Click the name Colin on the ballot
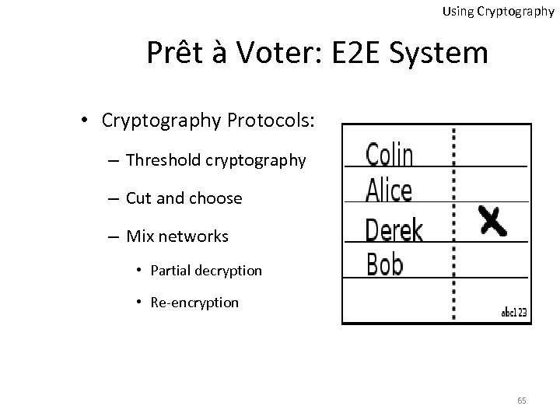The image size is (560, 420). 390,154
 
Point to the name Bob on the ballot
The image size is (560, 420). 385,264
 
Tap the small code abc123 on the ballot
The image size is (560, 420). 514,313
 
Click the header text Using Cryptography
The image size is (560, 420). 498,12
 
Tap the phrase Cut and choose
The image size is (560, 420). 184,198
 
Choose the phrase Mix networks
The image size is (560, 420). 177,235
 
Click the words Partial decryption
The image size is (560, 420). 206,271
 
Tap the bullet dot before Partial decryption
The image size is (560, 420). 137,271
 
